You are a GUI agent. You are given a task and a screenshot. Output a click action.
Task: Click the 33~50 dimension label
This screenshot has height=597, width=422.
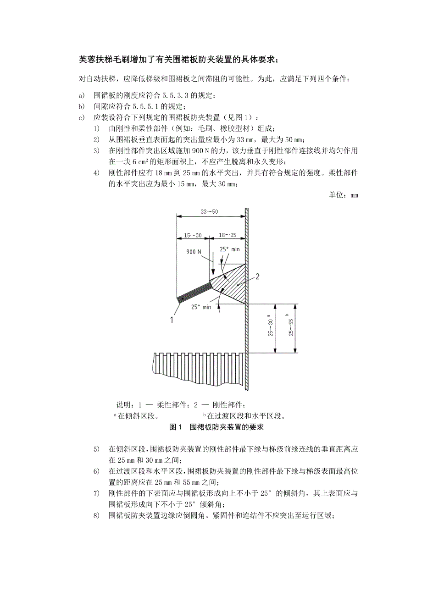point(210,211)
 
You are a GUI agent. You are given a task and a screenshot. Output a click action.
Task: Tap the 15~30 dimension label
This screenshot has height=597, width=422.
point(192,235)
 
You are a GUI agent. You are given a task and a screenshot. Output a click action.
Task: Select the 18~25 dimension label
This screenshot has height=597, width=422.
point(228,235)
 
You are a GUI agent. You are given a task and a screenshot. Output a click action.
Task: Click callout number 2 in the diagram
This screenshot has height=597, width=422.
point(257,276)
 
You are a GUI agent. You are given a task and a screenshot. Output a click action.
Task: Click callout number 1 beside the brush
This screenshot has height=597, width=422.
point(172,320)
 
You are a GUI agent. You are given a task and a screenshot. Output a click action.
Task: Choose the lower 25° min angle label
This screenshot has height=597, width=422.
point(200,307)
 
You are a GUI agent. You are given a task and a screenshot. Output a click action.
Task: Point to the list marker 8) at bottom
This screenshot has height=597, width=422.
point(96,515)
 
